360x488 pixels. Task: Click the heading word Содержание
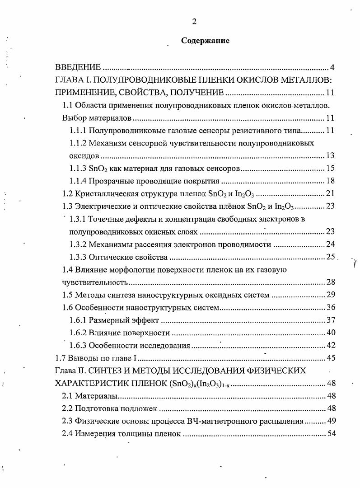coord(205,41)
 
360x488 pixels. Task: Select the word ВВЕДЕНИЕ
coord(78,68)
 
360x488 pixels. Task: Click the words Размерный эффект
coord(124,320)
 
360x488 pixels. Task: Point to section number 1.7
coord(60,358)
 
